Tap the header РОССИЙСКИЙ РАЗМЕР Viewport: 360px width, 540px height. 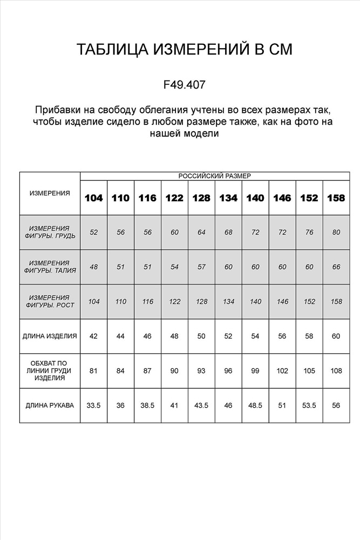tap(214, 175)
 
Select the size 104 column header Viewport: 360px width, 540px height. tap(93, 198)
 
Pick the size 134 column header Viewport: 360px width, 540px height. tap(228, 198)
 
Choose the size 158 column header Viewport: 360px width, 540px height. tap(336, 198)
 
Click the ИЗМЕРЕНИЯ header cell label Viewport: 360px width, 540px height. tap(50, 193)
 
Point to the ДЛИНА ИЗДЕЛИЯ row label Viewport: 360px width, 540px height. tap(50, 336)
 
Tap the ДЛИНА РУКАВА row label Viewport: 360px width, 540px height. tap(50, 404)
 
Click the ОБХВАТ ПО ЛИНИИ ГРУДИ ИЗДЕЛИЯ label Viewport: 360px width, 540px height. tap(50, 370)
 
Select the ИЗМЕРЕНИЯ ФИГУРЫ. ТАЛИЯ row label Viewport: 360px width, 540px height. tap(50, 267)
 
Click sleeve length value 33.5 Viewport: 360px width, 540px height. tap(93, 404)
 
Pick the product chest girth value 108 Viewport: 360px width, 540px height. tap(336, 370)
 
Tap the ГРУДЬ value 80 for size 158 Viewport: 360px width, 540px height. tap(336, 232)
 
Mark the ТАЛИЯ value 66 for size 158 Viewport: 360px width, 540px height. tap(336, 267)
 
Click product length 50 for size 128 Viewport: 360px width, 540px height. tap(201, 336)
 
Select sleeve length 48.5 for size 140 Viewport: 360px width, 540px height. tap(255, 404)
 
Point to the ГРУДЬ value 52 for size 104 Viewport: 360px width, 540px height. tap(93, 232)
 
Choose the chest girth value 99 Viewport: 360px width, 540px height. tap(255, 370)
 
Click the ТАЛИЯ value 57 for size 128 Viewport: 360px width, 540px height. tap(201, 267)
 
